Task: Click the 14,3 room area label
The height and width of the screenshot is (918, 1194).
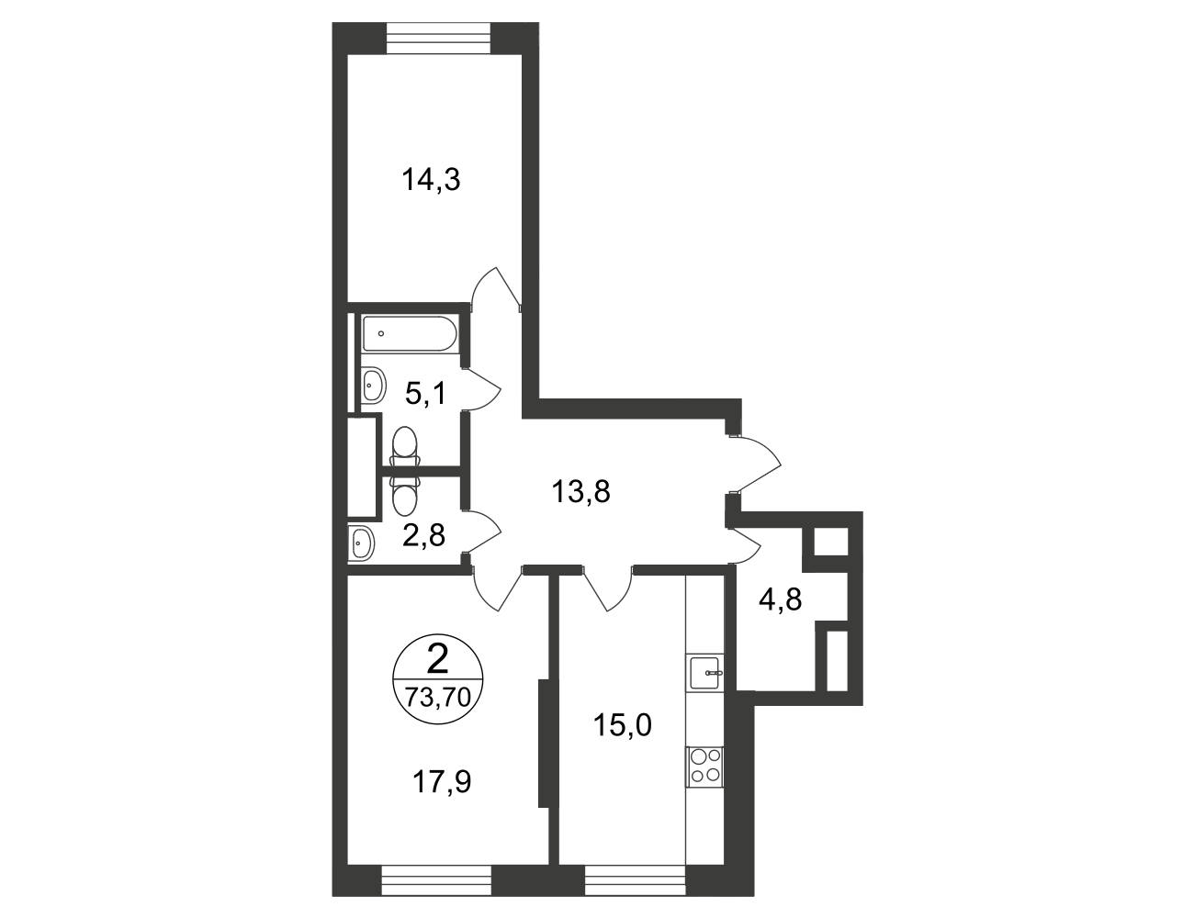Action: [432, 180]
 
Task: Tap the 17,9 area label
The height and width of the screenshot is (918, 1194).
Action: [442, 781]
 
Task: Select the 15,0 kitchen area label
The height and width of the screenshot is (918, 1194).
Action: [623, 724]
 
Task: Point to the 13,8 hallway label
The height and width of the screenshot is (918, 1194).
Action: [581, 491]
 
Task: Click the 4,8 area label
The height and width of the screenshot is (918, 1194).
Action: [781, 599]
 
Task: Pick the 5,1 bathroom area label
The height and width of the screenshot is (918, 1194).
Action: [427, 394]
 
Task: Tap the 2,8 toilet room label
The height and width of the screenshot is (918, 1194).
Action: [423, 535]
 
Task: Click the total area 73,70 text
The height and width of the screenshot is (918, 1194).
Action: [438, 698]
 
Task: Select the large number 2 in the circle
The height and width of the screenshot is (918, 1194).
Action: [437, 659]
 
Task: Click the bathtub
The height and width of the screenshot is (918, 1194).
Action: [410, 333]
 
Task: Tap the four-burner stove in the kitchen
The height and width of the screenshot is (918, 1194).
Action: [705, 767]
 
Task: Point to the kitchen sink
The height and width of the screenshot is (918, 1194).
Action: [705, 673]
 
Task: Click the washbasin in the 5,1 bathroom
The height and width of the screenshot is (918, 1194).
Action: [374, 385]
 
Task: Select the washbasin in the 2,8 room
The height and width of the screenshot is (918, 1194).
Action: [362, 543]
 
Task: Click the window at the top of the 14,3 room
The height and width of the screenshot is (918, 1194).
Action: [438, 38]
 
